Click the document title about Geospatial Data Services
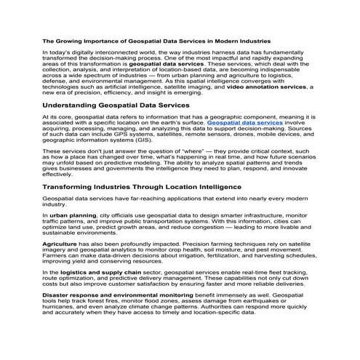point(156,41)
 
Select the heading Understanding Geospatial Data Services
point(116,105)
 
